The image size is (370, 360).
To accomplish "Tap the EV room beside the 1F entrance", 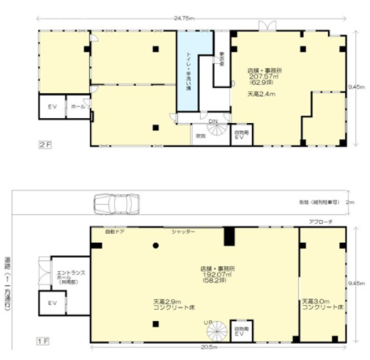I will [51, 304].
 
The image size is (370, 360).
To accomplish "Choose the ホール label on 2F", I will [78, 106].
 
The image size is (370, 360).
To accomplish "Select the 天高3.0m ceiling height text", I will [322, 301].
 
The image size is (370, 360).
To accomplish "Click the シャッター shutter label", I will [182, 232].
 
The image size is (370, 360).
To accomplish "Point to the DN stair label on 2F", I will [213, 121].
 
